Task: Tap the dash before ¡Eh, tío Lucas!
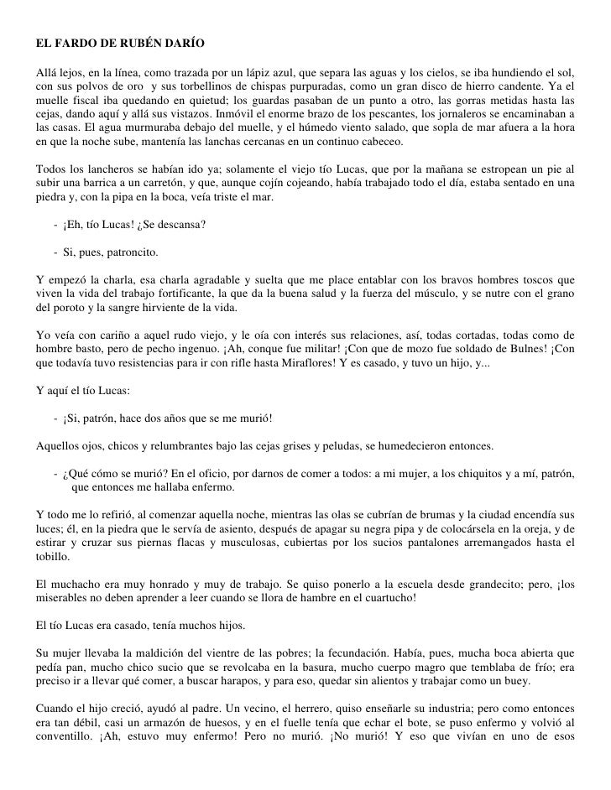coord(54,224)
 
